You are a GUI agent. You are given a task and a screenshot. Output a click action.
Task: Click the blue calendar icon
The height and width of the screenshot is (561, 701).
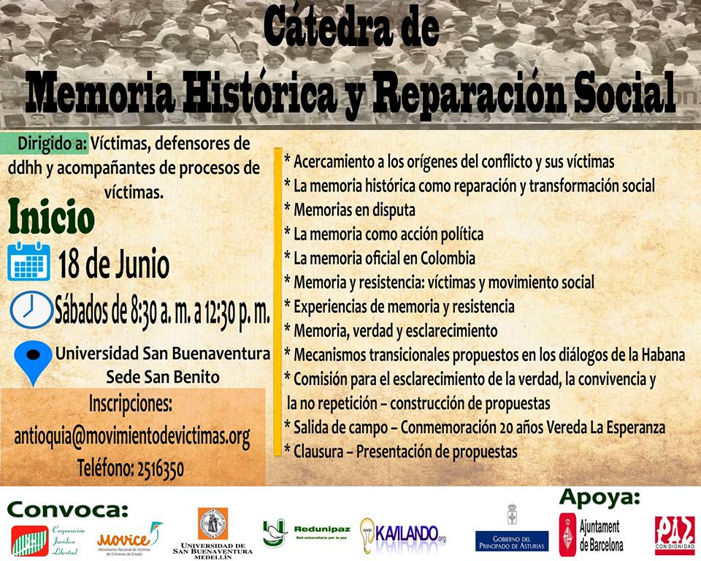click(29, 263)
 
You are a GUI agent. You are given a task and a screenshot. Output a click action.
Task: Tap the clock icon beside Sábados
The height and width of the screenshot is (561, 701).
click(30, 310)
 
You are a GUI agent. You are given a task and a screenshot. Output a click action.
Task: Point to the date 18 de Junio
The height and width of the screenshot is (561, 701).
click(114, 264)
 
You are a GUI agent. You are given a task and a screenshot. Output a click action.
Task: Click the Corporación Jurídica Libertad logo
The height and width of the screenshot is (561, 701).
click(48, 539)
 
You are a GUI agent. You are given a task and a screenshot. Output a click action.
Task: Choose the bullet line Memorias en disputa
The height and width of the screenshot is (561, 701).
click(350, 210)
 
